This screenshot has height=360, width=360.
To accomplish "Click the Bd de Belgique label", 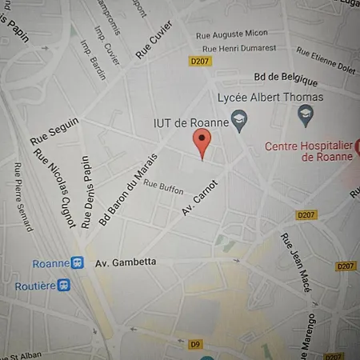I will [285, 81].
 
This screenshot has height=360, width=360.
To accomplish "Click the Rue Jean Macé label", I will [294, 262].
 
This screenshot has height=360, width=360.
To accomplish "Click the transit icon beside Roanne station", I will [78, 262].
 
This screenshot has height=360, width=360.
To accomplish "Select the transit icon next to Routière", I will [64, 285].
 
